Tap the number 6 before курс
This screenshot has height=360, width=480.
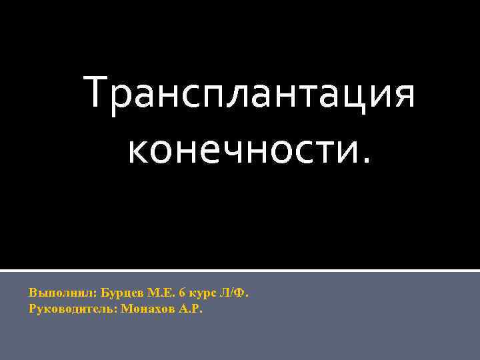click(x=182, y=293)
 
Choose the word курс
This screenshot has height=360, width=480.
click(x=199, y=293)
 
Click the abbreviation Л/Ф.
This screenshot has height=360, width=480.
click(x=233, y=293)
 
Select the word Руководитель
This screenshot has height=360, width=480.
click(x=73, y=309)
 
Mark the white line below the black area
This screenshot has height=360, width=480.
click(x=240, y=270)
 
